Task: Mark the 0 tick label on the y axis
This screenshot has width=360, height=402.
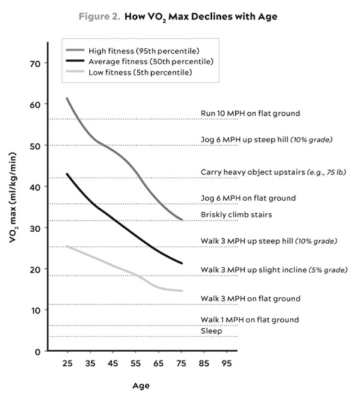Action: (37, 351)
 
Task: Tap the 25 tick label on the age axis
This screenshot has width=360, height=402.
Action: (66, 364)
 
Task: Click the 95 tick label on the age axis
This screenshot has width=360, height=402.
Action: (226, 364)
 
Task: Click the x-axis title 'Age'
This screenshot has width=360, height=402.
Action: (142, 385)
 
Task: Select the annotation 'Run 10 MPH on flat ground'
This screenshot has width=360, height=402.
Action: (250, 113)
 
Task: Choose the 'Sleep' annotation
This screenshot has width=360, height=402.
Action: (211, 331)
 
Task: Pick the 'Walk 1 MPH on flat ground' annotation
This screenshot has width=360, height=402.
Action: (250, 320)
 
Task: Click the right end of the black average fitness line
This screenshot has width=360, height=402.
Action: (182, 263)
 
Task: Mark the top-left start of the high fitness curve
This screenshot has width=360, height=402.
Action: (67, 98)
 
